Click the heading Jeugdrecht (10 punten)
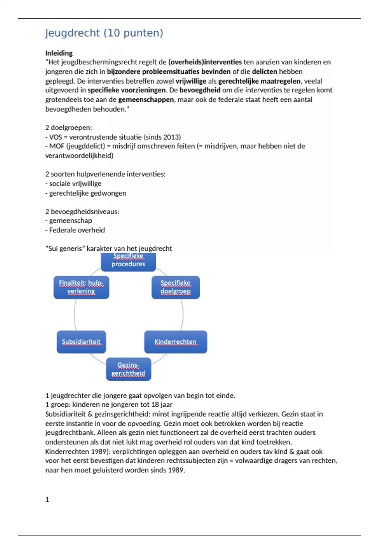pyautogui.click(x=104, y=33)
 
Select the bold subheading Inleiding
pyautogui.click(x=59, y=53)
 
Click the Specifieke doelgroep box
pyautogui.click(x=176, y=287)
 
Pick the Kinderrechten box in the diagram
pyautogui.click(x=176, y=342)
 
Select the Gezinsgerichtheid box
pyautogui.click(x=128, y=369)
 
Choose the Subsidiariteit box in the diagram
pyautogui.click(x=81, y=342)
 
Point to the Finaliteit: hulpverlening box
pyautogui.click(x=81, y=287)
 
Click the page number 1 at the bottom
pyautogui.click(x=47, y=499)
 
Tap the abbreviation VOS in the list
pyautogui.click(x=56, y=137)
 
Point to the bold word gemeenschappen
pyautogui.click(x=146, y=100)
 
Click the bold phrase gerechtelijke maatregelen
pyautogui.click(x=259, y=81)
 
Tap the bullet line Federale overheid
pyautogui.click(x=77, y=230)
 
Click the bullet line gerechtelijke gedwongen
pyautogui.click(x=87, y=193)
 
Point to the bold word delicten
pyautogui.click(x=264, y=72)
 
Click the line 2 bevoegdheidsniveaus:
pyautogui.click(x=82, y=212)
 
